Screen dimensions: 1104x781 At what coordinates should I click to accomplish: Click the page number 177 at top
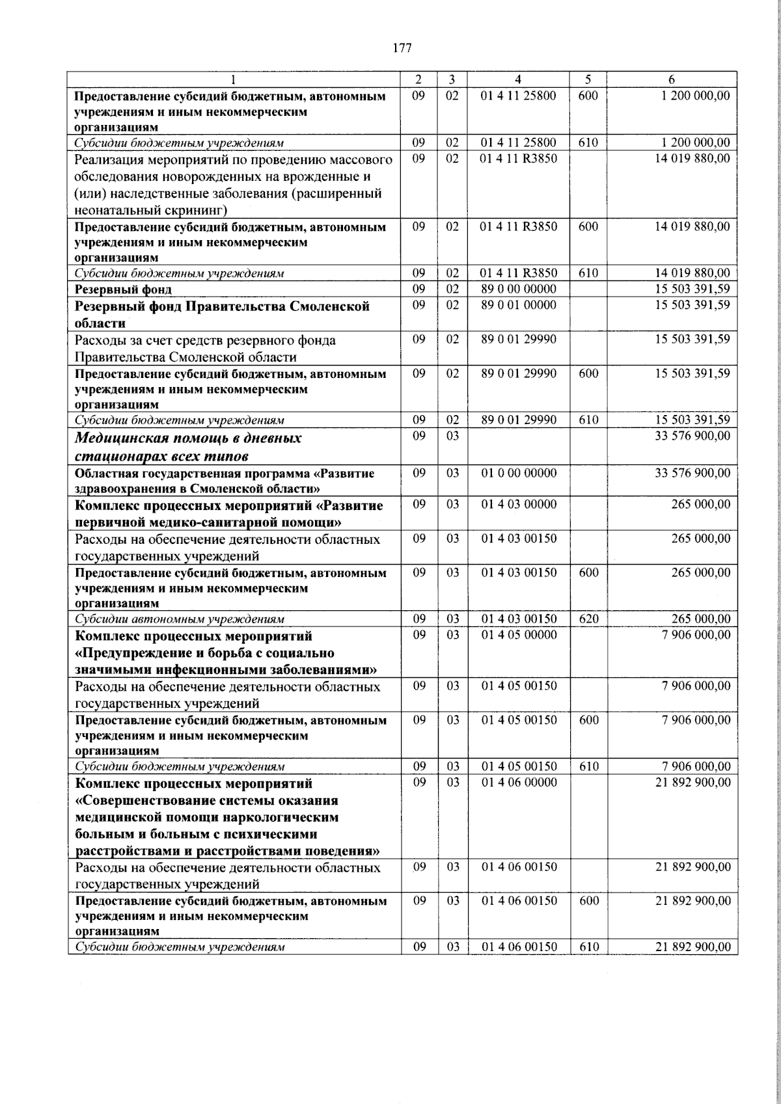click(x=402, y=47)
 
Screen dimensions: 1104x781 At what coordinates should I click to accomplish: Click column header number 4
click(x=518, y=79)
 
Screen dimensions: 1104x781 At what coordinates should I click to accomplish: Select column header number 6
click(x=672, y=79)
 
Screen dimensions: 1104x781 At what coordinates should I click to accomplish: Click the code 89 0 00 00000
click(x=518, y=289)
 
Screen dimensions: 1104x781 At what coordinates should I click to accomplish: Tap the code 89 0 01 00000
click(x=518, y=305)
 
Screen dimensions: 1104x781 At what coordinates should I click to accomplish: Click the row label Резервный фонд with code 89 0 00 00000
click(x=124, y=289)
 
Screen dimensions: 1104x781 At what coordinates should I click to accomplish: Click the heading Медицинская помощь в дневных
click(x=189, y=438)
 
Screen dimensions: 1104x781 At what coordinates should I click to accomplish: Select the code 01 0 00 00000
click(x=518, y=473)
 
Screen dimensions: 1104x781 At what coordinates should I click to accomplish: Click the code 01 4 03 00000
click(x=518, y=505)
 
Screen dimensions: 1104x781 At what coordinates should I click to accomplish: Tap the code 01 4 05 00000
click(x=518, y=635)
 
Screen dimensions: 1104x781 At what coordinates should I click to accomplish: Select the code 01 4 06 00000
click(x=518, y=783)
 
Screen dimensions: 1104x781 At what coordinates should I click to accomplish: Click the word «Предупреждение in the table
click(x=133, y=653)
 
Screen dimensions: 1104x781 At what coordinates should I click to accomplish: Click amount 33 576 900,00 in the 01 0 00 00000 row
click(x=692, y=473)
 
